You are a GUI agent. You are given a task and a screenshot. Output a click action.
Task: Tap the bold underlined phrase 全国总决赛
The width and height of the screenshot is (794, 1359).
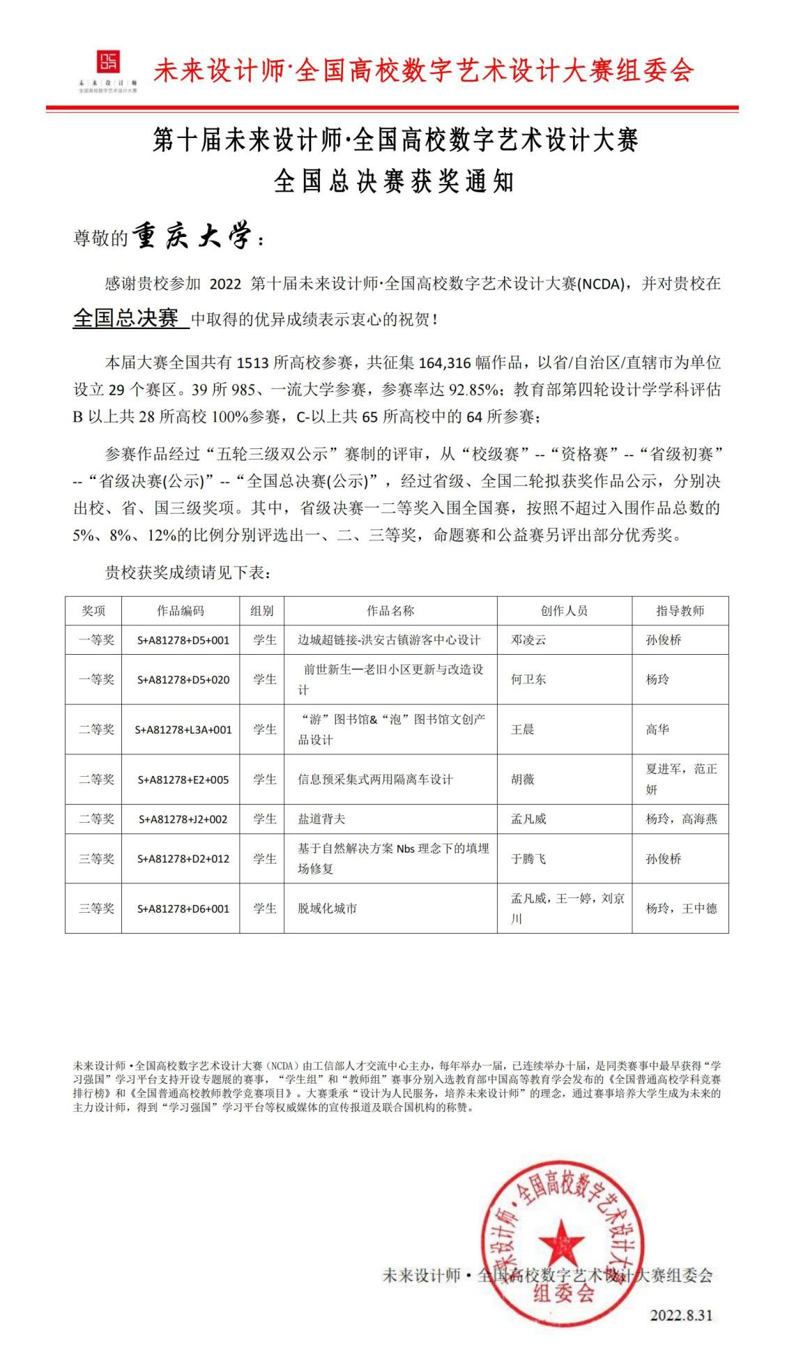126,319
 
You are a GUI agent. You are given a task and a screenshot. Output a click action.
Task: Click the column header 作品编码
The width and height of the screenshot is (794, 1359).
181,611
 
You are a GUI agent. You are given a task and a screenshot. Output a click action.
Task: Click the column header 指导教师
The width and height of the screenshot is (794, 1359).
680,611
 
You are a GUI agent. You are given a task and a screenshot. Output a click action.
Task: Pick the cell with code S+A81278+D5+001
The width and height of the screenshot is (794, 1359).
181,640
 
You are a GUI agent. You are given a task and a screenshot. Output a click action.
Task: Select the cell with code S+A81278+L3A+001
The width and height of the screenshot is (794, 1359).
181,729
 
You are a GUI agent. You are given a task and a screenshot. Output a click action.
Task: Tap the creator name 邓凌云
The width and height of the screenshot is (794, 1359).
528,640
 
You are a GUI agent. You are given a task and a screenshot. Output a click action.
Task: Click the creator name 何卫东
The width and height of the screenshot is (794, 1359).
528,679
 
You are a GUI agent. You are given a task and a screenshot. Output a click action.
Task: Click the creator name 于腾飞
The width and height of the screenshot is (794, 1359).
528,858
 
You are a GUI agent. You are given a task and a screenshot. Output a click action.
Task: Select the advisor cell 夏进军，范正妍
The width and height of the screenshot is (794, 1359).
680,779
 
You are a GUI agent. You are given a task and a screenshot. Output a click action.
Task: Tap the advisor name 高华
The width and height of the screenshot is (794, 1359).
657,729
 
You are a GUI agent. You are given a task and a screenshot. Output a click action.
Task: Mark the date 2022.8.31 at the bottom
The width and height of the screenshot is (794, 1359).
681,1315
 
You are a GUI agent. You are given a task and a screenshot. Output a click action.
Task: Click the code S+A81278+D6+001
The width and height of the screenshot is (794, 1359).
181,909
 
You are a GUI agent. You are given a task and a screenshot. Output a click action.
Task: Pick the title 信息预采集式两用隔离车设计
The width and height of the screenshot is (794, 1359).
375,779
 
